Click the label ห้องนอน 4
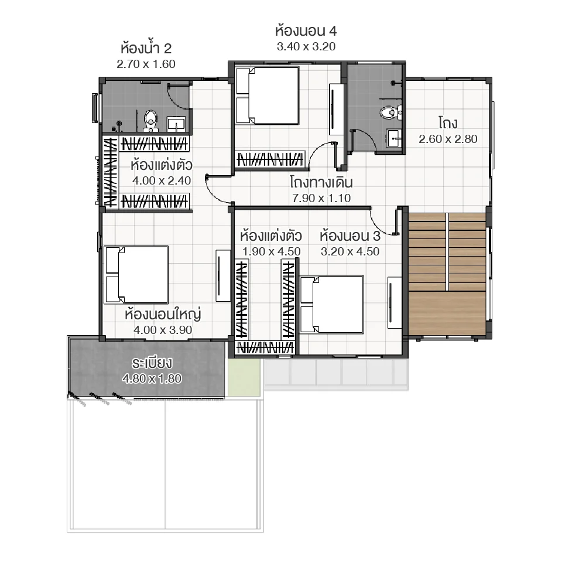click(306, 30)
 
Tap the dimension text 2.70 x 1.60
click(146, 64)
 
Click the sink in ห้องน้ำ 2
click(176, 124)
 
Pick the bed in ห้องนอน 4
click(267, 96)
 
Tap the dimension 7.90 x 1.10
click(321, 198)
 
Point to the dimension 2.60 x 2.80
click(448, 139)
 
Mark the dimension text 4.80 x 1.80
click(152, 378)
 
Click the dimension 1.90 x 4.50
click(271, 251)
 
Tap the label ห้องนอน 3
click(350, 236)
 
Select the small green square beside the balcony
click(242, 377)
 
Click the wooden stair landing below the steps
click(447, 313)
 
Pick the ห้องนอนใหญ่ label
click(162, 315)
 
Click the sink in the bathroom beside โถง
click(394, 138)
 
